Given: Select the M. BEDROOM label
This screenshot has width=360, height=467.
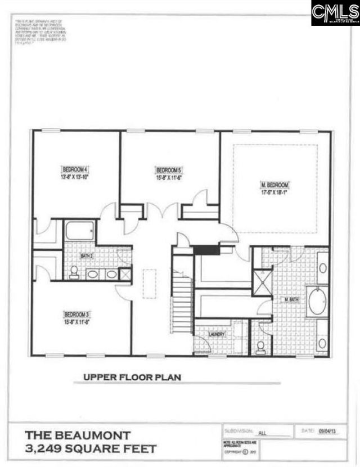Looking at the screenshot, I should click(x=274, y=185).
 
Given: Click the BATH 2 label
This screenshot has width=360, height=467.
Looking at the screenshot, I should click(x=86, y=256).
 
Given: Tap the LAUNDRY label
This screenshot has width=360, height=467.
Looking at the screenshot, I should click(x=217, y=335).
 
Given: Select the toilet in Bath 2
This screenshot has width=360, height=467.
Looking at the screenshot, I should click(x=73, y=273).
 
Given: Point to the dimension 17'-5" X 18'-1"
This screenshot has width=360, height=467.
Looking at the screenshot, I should click(x=274, y=192).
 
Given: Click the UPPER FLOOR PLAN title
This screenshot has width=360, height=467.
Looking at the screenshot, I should click(x=132, y=378).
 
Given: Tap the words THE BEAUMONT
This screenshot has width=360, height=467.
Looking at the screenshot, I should click(x=78, y=435).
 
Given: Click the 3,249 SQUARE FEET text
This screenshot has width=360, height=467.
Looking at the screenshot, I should click(x=89, y=450).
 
